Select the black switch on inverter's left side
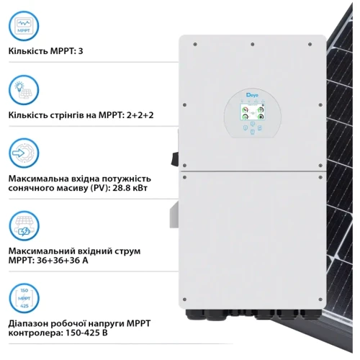pyautogui.click(x=172, y=154)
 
